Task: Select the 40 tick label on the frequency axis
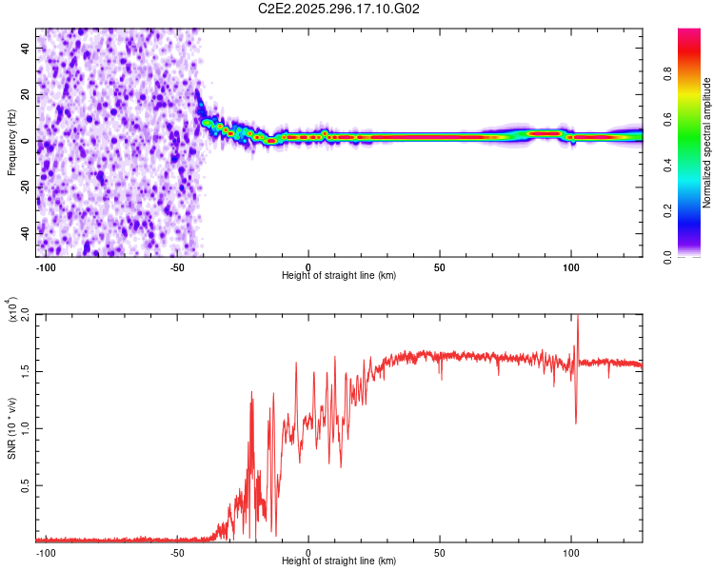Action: coord(25,48)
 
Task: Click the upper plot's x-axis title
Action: coord(339,275)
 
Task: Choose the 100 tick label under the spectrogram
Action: coord(571,265)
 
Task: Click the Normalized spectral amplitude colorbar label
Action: coord(707,143)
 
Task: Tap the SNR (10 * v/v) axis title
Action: coord(11,427)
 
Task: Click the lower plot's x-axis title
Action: coord(339,562)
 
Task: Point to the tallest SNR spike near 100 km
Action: coord(577,318)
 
